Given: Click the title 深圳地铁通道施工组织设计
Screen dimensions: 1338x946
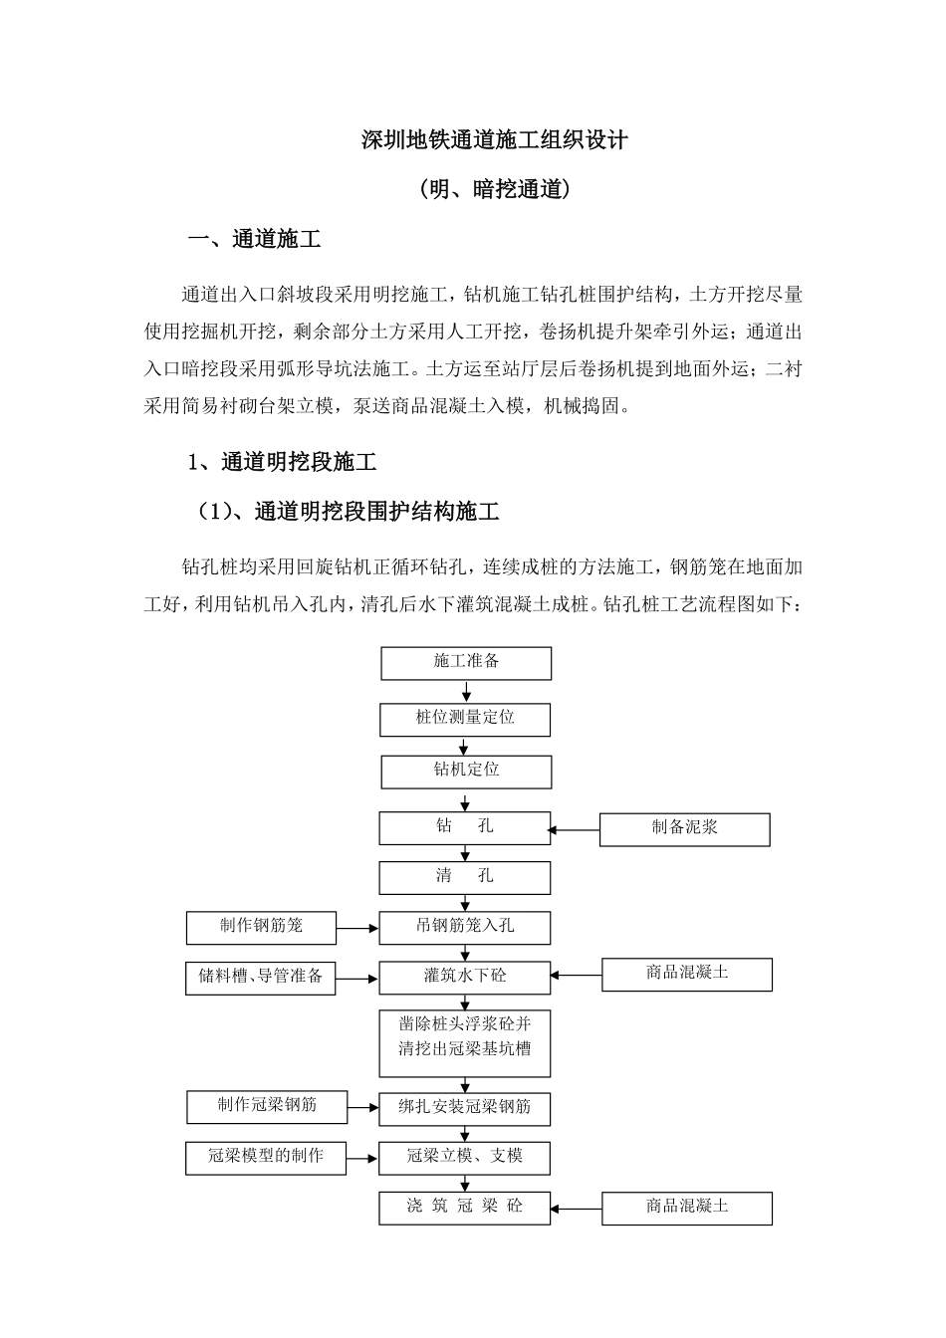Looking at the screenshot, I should coord(494,140).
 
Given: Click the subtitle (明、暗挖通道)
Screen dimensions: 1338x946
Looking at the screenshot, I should coord(494,189).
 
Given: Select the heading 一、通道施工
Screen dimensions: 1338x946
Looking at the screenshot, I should coord(255,240).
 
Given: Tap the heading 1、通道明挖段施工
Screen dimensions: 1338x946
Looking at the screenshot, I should coord(282,462).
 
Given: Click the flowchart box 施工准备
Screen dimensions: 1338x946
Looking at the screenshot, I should coord(465,663).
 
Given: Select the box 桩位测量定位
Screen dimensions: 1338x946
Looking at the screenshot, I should coord(465,719).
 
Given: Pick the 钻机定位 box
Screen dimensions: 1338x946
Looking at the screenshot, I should coord(465,771).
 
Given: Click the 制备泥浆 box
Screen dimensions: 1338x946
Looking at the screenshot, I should coord(684,828).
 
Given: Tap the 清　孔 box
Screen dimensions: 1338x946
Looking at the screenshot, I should coord(464,877).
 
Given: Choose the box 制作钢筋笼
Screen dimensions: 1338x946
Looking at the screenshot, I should coord(261,927).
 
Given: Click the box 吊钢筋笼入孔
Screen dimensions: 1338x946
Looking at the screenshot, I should coord(464,927).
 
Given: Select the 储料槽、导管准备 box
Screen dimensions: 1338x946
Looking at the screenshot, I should coord(261,977).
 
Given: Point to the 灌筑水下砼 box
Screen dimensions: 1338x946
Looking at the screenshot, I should coord(464,977).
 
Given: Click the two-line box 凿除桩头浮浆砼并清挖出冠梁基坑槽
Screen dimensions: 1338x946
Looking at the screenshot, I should coord(464,1042).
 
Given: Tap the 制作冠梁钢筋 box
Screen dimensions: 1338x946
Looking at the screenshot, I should coord(267,1106).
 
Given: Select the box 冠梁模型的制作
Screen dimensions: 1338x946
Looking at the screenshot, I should coord(266,1157).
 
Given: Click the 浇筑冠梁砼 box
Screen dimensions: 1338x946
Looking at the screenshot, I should coord(464,1208).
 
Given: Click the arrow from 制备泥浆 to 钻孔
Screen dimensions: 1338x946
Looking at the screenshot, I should coord(575,829).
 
